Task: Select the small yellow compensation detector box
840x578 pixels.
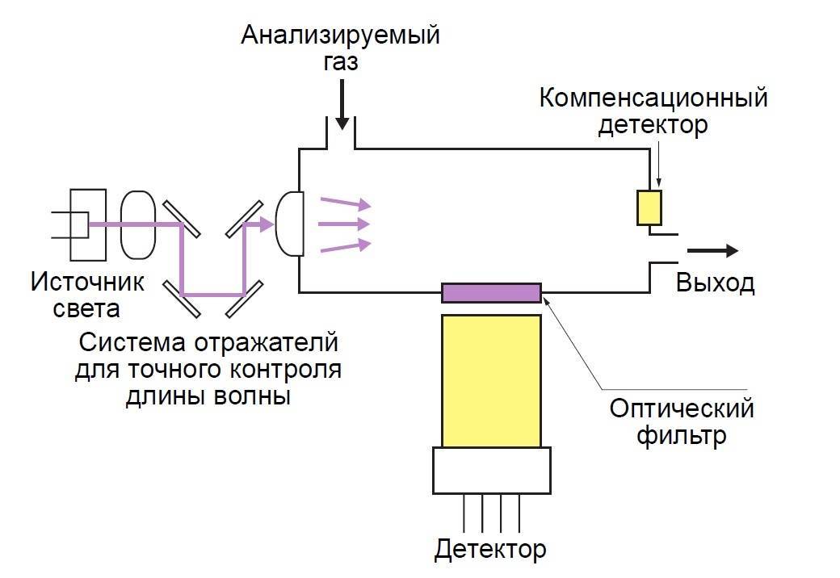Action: click(x=649, y=207)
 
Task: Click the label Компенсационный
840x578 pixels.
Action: click(x=653, y=99)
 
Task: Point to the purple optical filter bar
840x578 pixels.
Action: click(x=491, y=292)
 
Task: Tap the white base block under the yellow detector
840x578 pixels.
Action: click(x=491, y=470)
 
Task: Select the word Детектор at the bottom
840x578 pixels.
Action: click(x=490, y=550)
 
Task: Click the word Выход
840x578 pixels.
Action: click(x=715, y=284)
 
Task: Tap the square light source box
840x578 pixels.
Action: click(x=86, y=224)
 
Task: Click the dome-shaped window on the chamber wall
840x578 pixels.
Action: click(x=290, y=224)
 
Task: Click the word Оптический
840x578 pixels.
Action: click(x=681, y=408)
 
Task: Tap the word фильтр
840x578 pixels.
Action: click(x=681, y=435)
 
